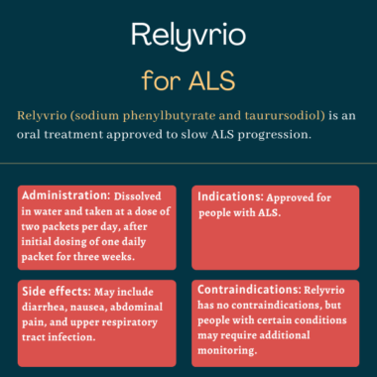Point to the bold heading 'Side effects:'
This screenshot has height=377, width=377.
56,291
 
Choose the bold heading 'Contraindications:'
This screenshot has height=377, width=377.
255,291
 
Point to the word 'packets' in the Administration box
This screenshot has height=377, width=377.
71,227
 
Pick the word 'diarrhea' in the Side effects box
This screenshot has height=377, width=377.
47,308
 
